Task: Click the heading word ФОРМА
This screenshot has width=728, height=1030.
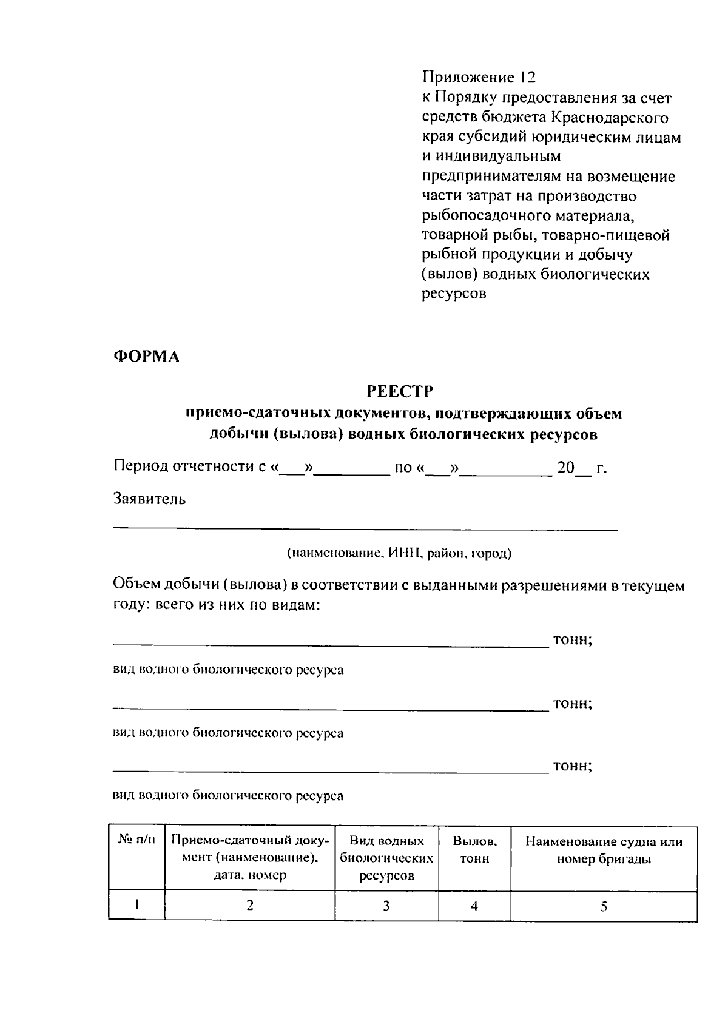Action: click(146, 357)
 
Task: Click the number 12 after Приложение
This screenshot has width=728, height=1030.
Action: click(527, 78)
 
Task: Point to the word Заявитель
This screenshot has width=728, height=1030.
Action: click(149, 499)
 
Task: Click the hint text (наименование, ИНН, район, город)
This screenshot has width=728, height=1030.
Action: click(399, 553)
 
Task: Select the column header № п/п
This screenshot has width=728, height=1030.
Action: click(136, 841)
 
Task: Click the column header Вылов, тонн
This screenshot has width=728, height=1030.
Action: click(474, 850)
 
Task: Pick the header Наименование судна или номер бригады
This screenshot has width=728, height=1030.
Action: click(604, 850)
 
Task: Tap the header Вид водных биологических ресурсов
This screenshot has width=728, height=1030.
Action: click(386, 858)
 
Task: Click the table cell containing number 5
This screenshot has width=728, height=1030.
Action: click(604, 907)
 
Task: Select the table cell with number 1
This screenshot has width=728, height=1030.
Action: click(137, 905)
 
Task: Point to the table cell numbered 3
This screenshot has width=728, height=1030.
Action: click(386, 906)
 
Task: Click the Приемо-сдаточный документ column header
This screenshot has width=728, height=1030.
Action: click(249, 858)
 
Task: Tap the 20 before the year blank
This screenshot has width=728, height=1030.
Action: click(565, 468)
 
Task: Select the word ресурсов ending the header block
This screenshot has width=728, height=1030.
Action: click(454, 294)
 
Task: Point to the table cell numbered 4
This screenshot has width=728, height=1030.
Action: click(474, 906)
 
